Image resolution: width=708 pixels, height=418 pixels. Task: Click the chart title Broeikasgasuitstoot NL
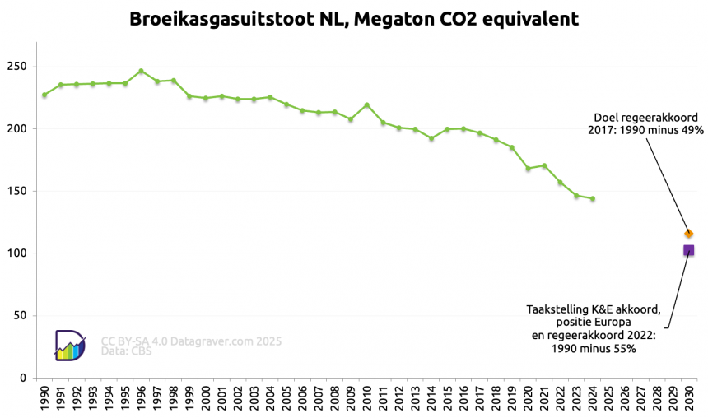(353, 18)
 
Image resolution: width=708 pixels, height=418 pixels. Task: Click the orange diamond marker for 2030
(688, 234)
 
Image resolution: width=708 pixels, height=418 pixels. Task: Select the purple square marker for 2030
(688, 250)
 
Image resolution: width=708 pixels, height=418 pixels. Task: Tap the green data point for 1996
(141, 71)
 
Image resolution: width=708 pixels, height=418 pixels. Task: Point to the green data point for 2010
(366, 105)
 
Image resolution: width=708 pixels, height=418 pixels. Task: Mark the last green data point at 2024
(592, 199)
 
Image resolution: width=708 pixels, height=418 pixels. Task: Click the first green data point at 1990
(44, 95)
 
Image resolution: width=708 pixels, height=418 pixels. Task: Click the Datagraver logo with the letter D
(69, 345)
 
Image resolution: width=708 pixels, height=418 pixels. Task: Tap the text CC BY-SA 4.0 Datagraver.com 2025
(191, 340)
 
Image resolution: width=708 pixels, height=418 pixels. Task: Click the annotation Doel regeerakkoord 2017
(646, 117)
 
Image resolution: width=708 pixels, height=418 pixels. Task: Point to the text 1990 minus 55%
(593, 348)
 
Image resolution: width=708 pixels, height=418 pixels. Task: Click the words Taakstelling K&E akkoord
(593, 309)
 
